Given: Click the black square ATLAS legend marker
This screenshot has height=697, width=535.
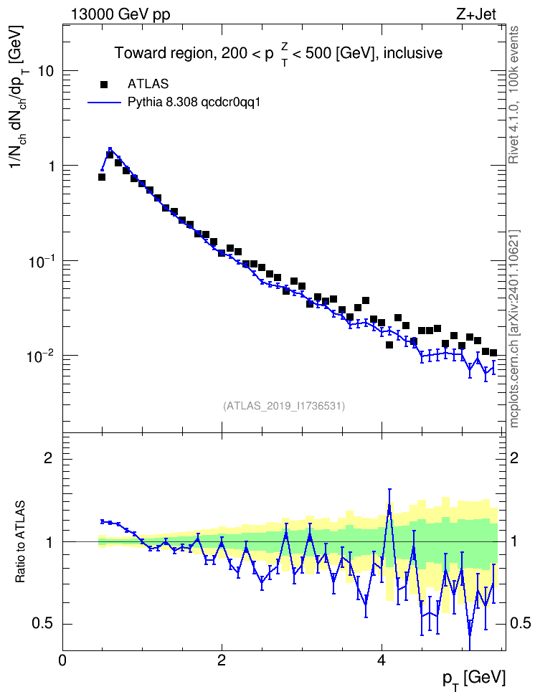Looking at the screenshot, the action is tap(104, 85).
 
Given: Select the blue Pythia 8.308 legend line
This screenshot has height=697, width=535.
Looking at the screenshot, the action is tap(105, 103).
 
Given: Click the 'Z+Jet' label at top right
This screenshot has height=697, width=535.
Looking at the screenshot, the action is tap(475, 14).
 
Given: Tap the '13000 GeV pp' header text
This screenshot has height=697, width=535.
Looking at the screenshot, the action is tap(120, 14).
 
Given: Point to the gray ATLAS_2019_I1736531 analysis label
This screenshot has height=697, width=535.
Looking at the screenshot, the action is tap(284, 406).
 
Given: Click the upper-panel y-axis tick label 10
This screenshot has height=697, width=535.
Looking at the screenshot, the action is tap(46, 71).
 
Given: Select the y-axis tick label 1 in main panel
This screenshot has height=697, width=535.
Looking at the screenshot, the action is tap(51, 166).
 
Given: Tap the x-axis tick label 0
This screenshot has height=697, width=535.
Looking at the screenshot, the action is tap(62, 660).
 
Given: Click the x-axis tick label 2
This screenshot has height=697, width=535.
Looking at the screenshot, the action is tap(222, 660).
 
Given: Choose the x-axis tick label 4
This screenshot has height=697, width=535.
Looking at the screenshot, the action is tap(381, 660).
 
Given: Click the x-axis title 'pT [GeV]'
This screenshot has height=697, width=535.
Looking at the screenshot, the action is tap(473, 679).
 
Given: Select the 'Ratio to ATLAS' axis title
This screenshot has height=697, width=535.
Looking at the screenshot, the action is tap(20, 542).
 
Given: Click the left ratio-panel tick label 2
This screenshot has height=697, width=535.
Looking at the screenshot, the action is tap(48, 457).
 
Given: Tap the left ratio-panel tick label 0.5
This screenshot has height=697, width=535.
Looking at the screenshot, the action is tap(42, 624).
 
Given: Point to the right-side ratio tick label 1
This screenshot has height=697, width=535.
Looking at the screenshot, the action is tap(514, 541).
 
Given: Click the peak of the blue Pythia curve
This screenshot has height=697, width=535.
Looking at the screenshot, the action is tap(110, 149).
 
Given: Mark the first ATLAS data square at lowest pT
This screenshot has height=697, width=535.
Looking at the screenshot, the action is tap(102, 177).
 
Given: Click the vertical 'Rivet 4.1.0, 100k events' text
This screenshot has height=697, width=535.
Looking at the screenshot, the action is tap(513, 95).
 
